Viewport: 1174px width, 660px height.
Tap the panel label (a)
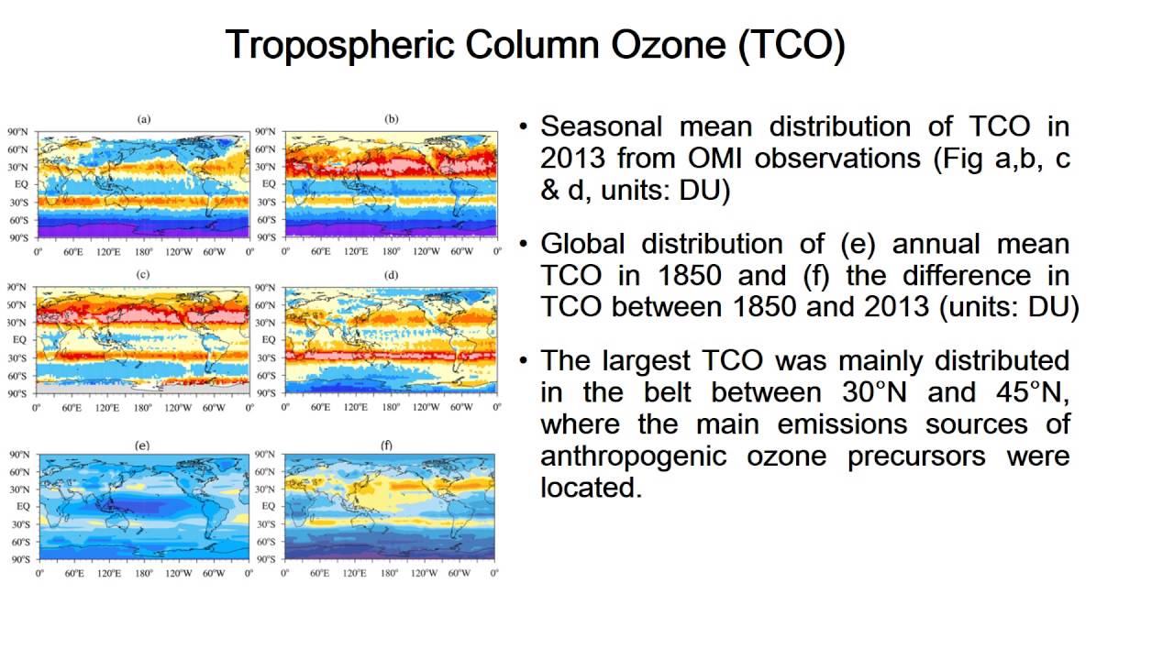click(x=144, y=119)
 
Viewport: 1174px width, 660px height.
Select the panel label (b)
click(x=392, y=119)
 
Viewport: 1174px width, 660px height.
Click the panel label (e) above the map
click(x=143, y=445)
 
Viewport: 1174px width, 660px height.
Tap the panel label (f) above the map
click(x=387, y=445)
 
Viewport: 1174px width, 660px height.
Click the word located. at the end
click(x=590, y=488)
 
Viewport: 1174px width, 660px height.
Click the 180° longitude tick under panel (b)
click(x=392, y=250)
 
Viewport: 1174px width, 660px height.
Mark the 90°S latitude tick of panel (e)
click(x=20, y=558)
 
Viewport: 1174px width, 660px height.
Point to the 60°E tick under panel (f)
click(x=320, y=573)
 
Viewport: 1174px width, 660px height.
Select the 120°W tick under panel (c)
click(x=179, y=406)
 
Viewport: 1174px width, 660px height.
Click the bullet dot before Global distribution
click(x=524, y=245)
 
